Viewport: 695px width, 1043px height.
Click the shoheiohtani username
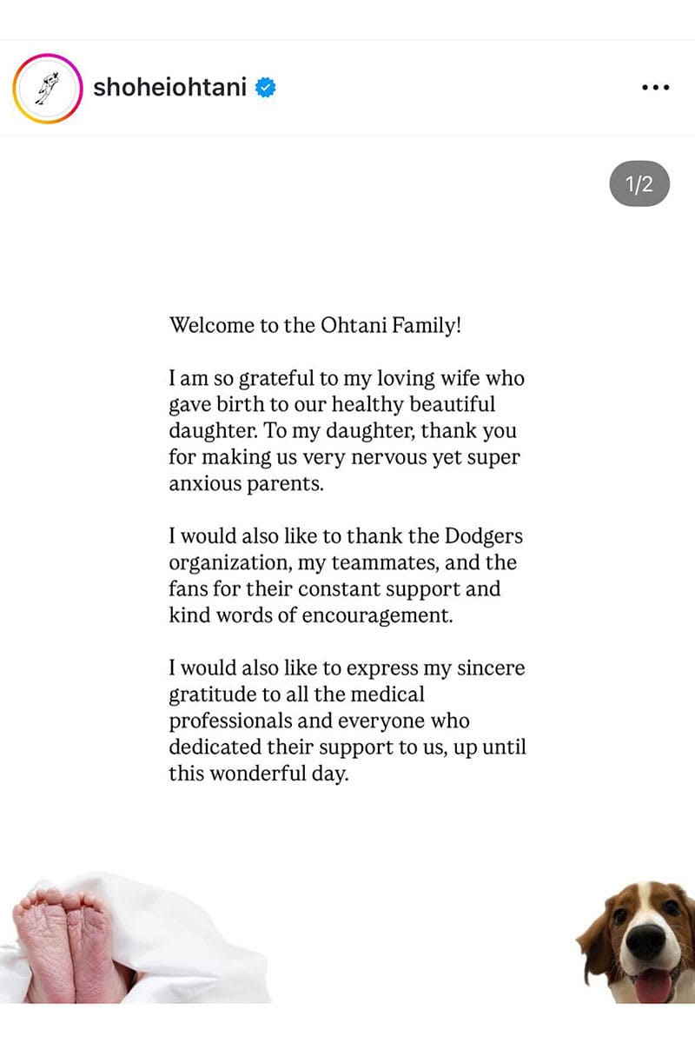tap(169, 88)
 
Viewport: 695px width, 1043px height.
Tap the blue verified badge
tap(265, 88)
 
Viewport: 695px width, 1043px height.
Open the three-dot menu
tap(655, 88)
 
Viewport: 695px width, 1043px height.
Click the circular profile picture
tap(48, 88)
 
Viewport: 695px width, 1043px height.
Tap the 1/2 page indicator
tap(639, 184)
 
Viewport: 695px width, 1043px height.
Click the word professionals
tap(230, 721)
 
